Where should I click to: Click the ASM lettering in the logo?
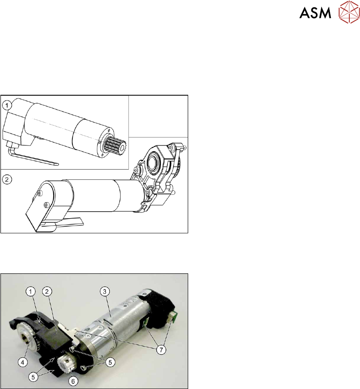315,13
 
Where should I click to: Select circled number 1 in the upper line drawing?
7,105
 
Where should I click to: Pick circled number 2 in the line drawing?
7,179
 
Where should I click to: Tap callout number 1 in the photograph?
31,291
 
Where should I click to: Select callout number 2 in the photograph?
47,291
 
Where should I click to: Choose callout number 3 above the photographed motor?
105,291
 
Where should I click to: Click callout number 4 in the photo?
22,363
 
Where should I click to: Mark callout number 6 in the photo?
73,381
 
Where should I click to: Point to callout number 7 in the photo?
161,350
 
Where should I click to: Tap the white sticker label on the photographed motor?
128,302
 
